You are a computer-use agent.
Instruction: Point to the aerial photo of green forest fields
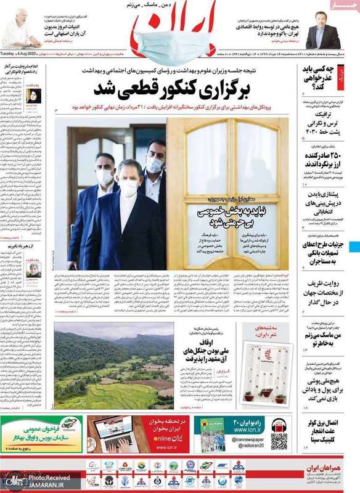click(x=113, y=367)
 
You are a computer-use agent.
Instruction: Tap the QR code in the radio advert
click(x=278, y=441)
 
